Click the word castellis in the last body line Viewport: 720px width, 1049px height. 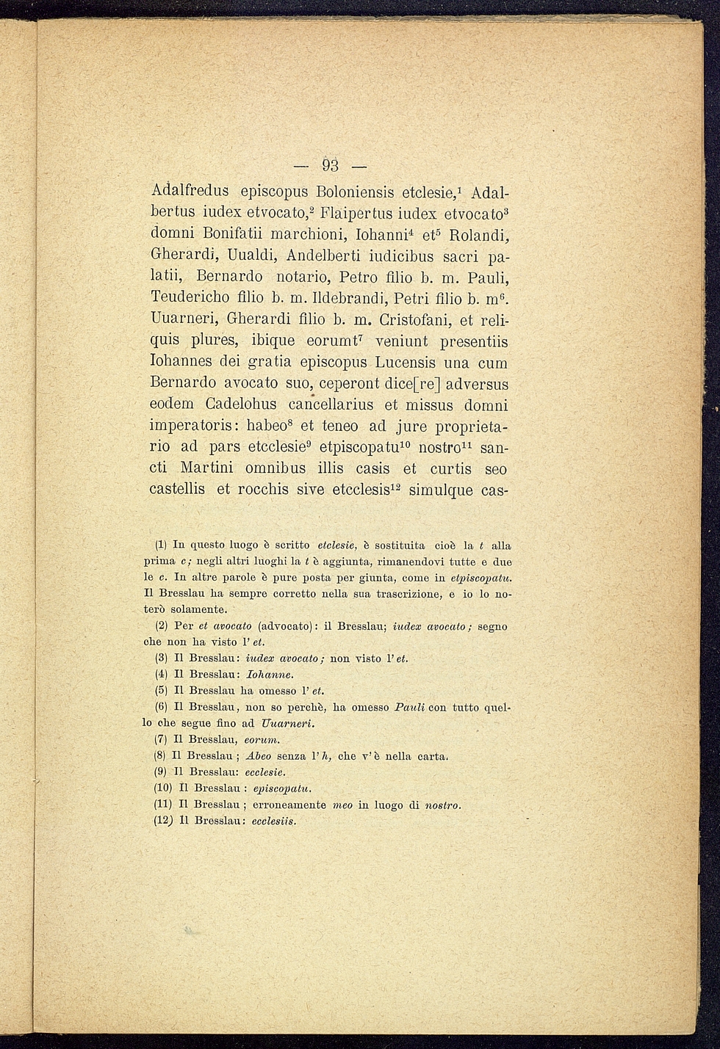pos(177,490)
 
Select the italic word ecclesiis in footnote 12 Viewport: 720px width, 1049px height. pos(273,821)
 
